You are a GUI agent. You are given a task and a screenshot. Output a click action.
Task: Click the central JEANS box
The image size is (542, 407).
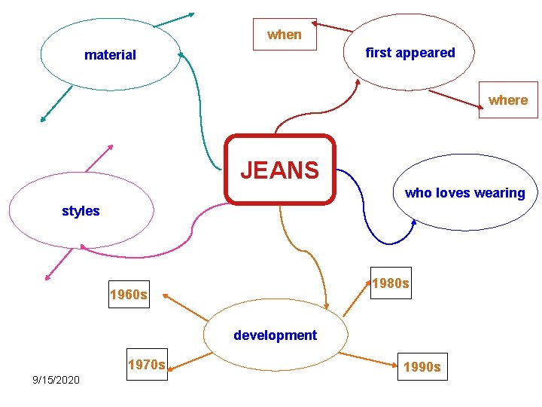[280, 170]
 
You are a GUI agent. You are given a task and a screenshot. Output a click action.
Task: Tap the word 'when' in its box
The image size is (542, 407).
[284, 35]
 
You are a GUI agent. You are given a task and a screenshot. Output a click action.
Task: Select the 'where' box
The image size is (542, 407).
[508, 100]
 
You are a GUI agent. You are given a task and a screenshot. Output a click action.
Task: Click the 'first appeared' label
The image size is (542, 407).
[410, 53]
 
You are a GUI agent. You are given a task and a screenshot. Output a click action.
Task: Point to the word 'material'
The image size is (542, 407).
[110, 55]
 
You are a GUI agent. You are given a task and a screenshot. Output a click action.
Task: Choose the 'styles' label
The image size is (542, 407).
[81, 211]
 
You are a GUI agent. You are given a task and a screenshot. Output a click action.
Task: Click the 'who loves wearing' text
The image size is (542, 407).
[464, 193]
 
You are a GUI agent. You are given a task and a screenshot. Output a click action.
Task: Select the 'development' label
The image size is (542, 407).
[275, 335]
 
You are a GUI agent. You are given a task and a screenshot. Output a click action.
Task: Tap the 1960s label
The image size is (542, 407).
[129, 295]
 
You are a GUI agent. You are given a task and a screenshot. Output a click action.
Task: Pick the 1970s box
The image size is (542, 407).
[147, 365]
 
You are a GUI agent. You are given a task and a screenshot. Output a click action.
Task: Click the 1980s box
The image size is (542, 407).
[391, 283]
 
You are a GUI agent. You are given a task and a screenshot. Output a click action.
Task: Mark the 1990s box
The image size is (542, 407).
[422, 367]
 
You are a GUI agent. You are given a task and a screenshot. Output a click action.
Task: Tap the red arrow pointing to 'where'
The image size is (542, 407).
[456, 101]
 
